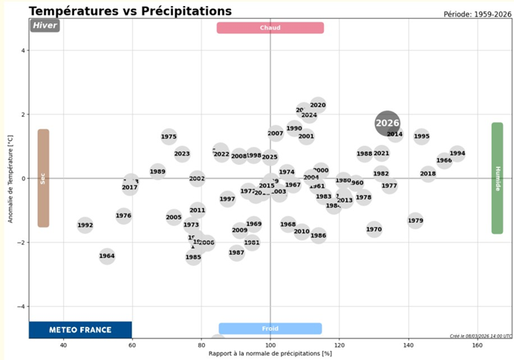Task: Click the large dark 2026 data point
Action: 387,123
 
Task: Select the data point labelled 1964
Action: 107,257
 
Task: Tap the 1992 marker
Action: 85,226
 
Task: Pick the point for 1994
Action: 458,154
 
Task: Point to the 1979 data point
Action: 415,220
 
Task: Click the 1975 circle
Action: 169,137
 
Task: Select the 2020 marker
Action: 318,105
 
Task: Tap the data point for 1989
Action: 157,171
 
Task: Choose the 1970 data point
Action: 374,229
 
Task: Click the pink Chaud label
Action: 270,28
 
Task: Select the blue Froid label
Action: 270,328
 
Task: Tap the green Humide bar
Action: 497,178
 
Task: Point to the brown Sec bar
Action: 43,178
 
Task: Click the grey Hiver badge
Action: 45,25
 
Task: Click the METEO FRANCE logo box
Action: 80,330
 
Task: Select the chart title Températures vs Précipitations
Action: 130,11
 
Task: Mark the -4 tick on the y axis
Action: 22,307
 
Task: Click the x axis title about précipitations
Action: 270,353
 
